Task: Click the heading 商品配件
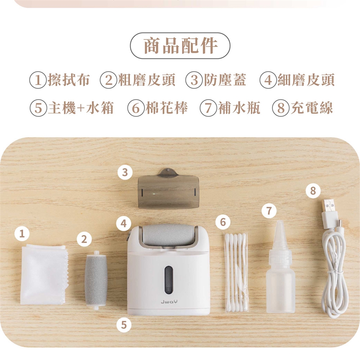point(180,46)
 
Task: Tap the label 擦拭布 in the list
point(68,80)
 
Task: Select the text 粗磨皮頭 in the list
point(146,80)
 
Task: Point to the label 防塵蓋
point(225,80)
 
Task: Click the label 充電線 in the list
point(311,108)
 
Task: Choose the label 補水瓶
point(239,108)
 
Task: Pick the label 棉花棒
point(166,108)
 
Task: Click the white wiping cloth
point(44,274)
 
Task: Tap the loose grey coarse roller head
point(96,280)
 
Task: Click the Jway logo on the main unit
point(169,301)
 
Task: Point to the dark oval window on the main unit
point(169,280)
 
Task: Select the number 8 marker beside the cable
point(313,190)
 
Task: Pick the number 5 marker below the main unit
point(123,325)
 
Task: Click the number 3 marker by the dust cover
point(124,172)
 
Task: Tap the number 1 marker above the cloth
point(22,234)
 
